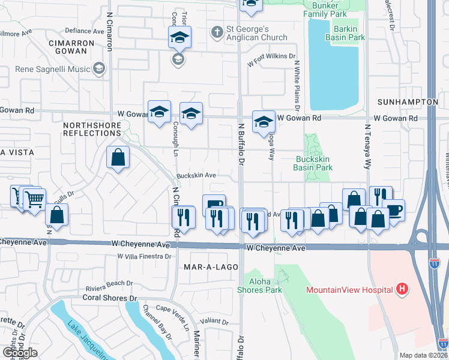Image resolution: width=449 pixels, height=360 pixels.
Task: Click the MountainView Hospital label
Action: click(x=349, y=290)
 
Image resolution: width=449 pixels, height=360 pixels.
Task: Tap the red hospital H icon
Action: click(x=402, y=290)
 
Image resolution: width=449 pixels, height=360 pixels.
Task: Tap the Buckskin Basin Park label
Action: click(x=313, y=164)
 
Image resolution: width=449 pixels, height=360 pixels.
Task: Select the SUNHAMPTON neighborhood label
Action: click(x=408, y=103)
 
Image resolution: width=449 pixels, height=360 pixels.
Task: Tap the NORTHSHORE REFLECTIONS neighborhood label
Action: click(x=91, y=129)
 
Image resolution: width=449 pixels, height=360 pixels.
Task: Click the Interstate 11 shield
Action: click(x=435, y=263)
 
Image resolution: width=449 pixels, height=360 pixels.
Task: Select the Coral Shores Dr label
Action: click(x=110, y=298)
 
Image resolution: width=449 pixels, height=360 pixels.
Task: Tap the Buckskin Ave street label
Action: click(x=196, y=176)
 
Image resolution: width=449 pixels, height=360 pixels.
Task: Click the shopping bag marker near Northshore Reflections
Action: click(x=118, y=158)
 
